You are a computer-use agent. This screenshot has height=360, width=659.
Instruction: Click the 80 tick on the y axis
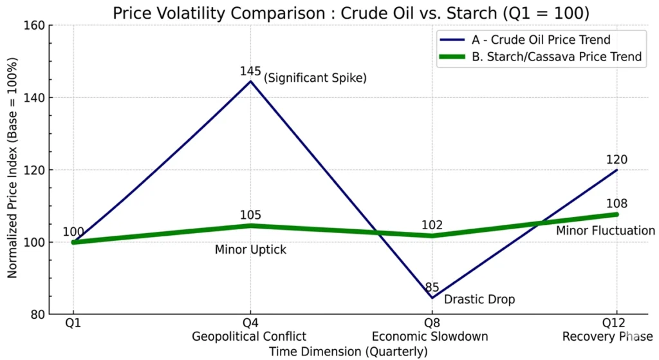click(x=36, y=315)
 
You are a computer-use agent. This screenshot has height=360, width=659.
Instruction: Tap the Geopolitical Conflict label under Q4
click(x=250, y=337)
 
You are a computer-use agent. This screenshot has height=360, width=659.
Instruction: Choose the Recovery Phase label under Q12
click(x=608, y=337)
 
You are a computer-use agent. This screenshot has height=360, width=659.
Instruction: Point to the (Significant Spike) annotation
click(x=315, y=79)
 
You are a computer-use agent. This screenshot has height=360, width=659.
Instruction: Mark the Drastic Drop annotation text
click(x=479, y=299)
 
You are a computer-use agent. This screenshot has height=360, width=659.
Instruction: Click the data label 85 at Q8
click(x=431, y=288)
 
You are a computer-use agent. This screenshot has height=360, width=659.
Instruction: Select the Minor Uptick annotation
click(x=250, y=250)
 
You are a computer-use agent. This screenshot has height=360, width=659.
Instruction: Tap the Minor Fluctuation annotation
click(x=605, y=231)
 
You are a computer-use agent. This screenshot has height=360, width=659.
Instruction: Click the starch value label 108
click(x=617, y=204)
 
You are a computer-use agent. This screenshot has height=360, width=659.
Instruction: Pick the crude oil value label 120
click(x=617, y=160)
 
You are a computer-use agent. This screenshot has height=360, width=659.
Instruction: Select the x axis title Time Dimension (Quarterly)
click(x=348, y=352)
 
